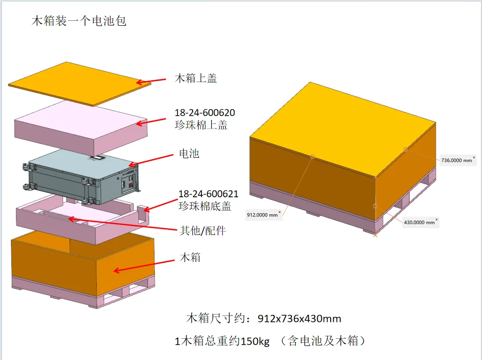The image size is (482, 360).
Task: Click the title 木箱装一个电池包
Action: tap(79, 21)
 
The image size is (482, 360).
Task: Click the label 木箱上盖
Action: tap(196, 78)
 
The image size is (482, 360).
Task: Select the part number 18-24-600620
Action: tap(205, 113)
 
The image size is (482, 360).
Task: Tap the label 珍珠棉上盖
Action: tap(201, 125)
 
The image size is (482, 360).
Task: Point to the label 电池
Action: tap(189, 153)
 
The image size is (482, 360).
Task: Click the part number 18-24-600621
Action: tap(208, 194)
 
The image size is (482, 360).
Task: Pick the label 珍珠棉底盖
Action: tap(205, 206)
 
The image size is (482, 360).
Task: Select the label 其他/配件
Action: tap(203, 230)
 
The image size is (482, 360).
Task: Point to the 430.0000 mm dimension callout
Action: tap(421, 222)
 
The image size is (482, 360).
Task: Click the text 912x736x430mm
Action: tap(299, 319)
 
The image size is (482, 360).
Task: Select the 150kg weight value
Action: tap(255, 341)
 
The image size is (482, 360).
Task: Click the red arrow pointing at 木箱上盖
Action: tap(151, 81)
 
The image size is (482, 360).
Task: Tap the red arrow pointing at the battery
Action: tap(150, 160)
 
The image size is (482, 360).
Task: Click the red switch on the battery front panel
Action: tap(131, 185)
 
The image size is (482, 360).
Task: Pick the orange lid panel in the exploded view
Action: tap(80, 84)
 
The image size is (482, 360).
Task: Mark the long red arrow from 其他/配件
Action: tap(123, 224)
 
